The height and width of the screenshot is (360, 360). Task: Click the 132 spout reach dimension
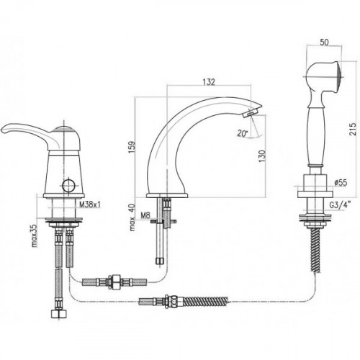pos(209,82)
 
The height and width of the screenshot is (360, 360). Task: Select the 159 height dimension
pos(132,147)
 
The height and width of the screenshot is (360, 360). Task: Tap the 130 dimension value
pos(262,156)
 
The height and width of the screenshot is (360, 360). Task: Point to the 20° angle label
pos(243,133)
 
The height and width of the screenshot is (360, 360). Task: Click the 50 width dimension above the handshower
pos(324,42)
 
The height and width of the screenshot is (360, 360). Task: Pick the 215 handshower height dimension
pos(353,130)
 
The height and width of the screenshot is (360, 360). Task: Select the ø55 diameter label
pos(341,183)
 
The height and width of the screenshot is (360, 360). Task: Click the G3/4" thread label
pos(340,205)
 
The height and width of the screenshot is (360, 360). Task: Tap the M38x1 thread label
pos(90,204)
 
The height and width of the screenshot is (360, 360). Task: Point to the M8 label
pos(145,215)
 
